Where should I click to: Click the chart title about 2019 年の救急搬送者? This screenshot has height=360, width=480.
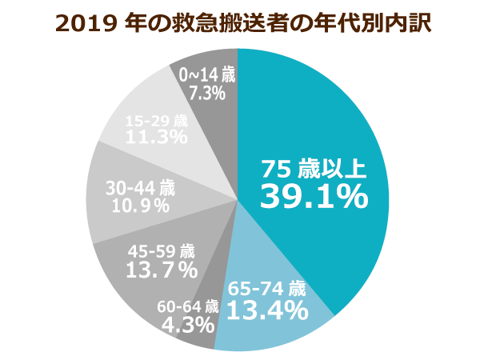point(240,22)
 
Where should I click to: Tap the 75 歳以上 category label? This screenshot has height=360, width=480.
point(314,169)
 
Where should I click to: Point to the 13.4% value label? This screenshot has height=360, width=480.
point(267,309)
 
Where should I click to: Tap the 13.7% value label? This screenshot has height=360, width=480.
point(162,270)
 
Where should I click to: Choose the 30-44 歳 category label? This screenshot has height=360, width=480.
point(140,188)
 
